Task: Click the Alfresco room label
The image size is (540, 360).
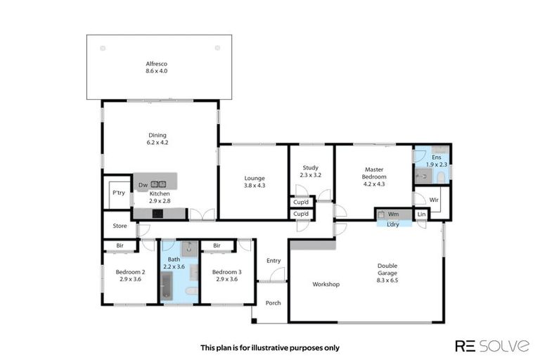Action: pyautogui.click(x=156, y=67)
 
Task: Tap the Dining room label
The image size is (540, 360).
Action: pyautogui.click(x=157, y=139)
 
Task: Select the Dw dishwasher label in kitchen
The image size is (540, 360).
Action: pyautogui.click(x=142, y=185)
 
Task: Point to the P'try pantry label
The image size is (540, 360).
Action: pyautogui.click(x=118, y=193)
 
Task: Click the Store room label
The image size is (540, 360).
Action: pyautogui.click(x=119, y=226)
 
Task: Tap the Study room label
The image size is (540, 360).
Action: pyautogui.click(x=310, y=171)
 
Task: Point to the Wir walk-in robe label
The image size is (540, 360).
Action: pyautogui.click(x=434, y=200)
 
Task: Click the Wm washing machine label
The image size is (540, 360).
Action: pyautogui.click(x=393, y=214)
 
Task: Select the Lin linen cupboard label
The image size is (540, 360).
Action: pyautogui.click(x=421, y=214)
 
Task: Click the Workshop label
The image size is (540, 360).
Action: pyautogui.click(x=326, y=284)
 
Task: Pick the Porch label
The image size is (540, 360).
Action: pyautogui.click(x=273, y=303)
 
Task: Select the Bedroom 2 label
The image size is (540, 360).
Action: pyautogui.click(x=131, y=276)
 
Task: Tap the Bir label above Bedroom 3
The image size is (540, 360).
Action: pyautogui.click(x=217, y=245)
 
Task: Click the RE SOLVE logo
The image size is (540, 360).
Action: pyautogui.click(x=491, y=345)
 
